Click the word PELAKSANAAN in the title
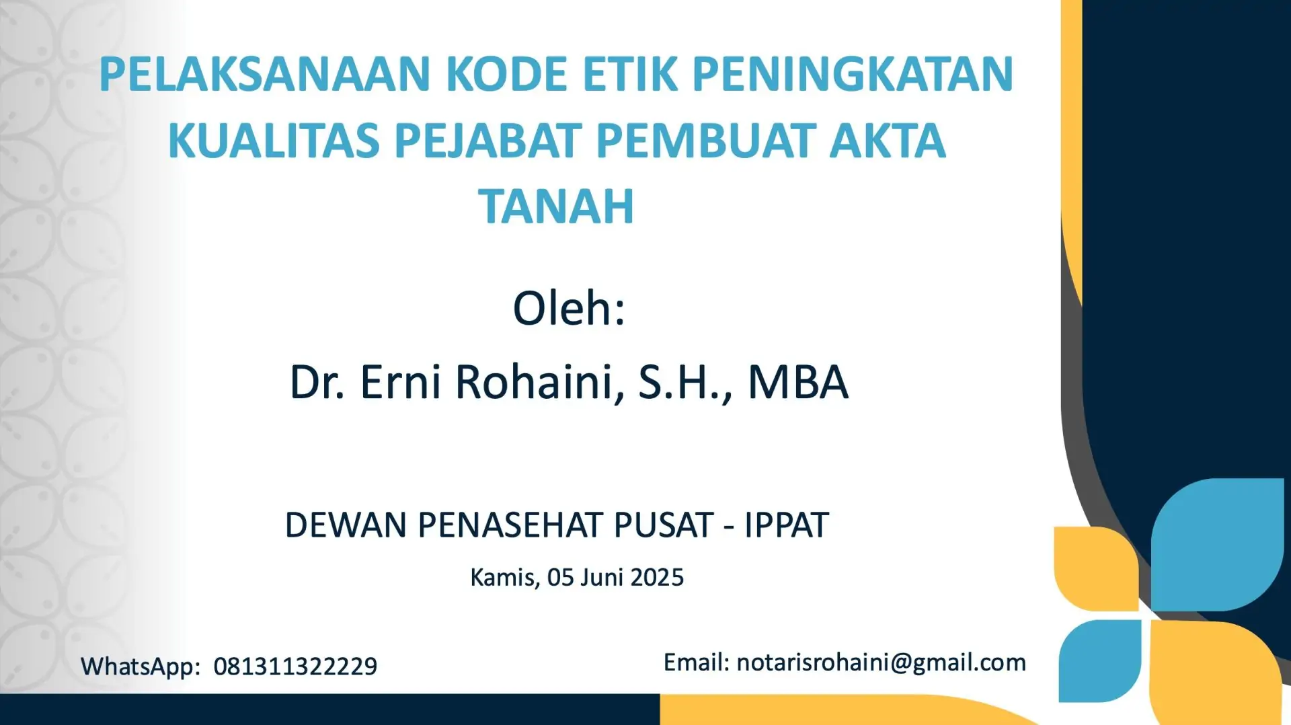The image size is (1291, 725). pos(264,74)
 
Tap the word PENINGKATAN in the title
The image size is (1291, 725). pos(853,74)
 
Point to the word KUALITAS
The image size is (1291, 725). pos(274,141)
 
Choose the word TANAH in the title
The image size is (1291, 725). pos(556,206)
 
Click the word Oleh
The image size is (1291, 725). pos(569,309)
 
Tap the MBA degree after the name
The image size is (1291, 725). pos(798,382)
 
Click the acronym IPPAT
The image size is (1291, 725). pos(786,525)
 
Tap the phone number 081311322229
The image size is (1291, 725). pos(295,666)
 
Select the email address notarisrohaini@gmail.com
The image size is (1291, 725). pos(882,663)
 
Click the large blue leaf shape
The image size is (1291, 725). pos(1217,545)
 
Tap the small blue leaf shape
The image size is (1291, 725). pos(1100,661)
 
